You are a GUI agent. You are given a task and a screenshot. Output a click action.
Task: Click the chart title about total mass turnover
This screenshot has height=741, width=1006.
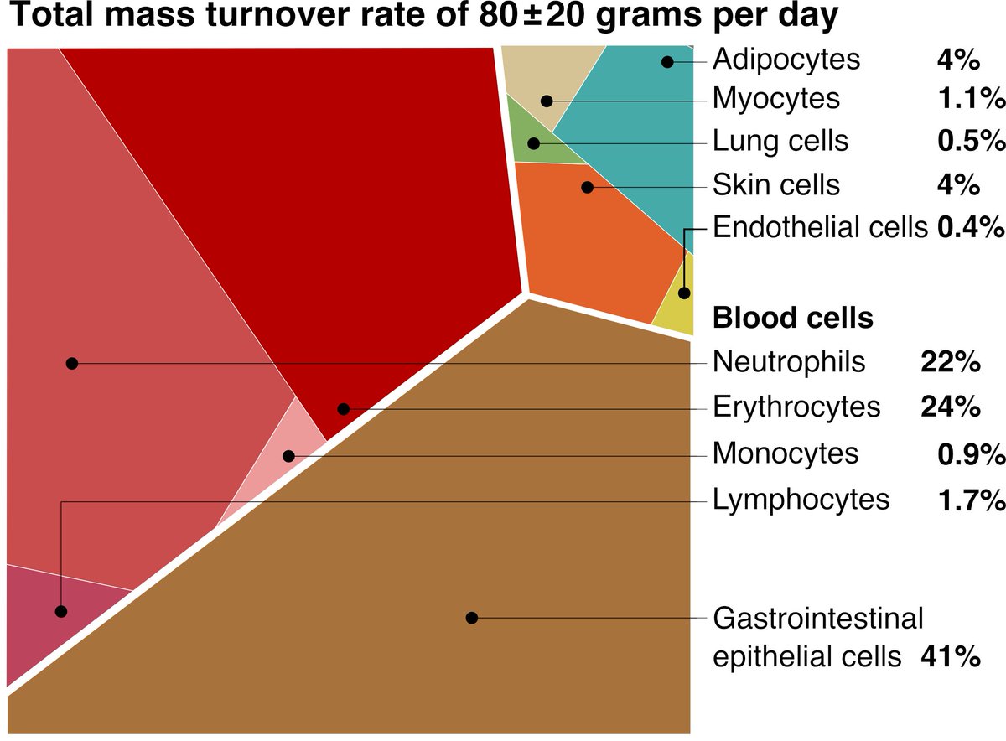(423, 18)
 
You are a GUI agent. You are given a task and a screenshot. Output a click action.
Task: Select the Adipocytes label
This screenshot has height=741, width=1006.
(786, 60)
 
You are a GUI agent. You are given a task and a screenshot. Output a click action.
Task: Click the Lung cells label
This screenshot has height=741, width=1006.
(780, 141)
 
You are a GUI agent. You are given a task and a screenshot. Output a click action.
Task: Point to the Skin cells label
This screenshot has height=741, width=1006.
(775, 184)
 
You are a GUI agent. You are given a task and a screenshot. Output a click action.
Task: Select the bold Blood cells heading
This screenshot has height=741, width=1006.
(792, 319)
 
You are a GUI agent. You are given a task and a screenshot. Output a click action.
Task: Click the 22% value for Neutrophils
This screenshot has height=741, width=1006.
(950, 362)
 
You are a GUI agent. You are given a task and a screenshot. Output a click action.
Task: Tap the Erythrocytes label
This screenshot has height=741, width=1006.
(796, 407)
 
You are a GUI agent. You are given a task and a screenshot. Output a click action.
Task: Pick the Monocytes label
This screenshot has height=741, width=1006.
(786, 453)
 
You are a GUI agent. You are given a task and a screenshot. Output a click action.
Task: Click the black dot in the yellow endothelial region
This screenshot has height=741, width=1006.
(684, 293)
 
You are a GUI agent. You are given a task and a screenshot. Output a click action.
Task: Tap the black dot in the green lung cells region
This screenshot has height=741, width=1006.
(532, 143)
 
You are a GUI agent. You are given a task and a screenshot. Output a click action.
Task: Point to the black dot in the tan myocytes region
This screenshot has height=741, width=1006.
(547, 101)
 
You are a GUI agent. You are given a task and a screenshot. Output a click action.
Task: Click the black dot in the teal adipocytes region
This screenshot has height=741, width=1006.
(666, 61)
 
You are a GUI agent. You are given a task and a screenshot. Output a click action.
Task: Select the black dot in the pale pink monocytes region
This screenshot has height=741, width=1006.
(288, 456)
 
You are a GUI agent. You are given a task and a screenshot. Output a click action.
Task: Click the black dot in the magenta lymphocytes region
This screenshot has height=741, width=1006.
(60, 611)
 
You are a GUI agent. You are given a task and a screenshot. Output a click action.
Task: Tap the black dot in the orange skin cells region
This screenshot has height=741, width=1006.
(587, 186)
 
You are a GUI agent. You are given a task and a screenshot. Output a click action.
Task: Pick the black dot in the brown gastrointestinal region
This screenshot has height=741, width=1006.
(471, 618)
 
